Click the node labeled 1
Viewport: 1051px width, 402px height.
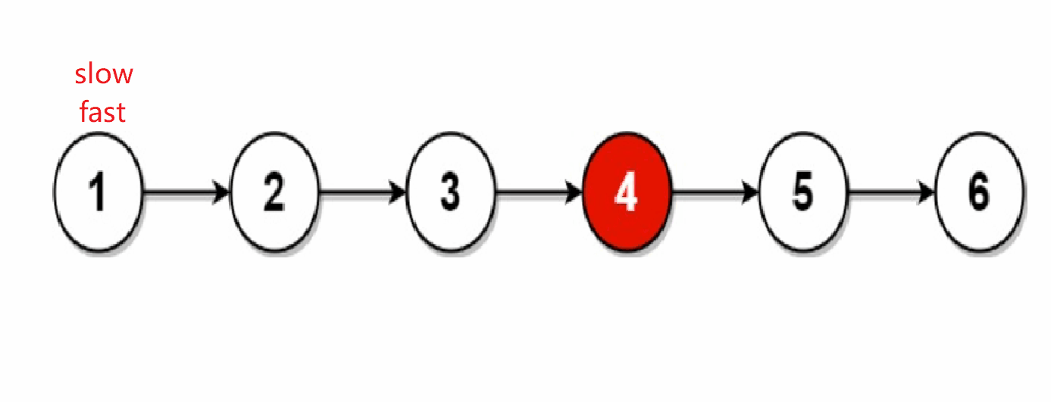[99, 192]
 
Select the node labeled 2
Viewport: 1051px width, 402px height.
[274, 192]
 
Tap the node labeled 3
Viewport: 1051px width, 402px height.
[450, 192]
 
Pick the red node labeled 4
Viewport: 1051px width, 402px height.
[626, 192]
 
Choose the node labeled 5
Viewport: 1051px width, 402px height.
[803, 192]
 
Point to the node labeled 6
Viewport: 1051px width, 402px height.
[979, 192]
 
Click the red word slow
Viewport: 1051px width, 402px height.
[104, 74]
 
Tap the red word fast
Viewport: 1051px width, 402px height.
[103, 112]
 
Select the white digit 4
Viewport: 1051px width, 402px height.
[626, 193]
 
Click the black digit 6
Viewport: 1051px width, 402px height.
[979, 193]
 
